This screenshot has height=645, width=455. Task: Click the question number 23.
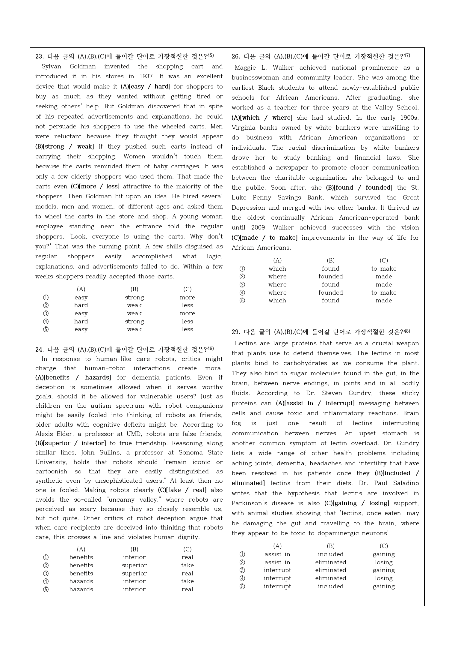[39, 57]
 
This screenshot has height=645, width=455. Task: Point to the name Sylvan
[51, 67]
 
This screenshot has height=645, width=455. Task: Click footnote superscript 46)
[210, 348]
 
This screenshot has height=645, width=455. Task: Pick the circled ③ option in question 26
[242, 284]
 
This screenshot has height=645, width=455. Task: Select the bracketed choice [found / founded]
[359, 187]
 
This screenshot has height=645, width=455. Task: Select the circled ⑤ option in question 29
[242, 586]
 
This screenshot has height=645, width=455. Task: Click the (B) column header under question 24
[134, 549]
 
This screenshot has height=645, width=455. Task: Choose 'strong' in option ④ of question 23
[134, 321]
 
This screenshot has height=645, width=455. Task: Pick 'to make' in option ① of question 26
[384, 268]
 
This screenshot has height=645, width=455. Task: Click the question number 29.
[235, 332]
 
